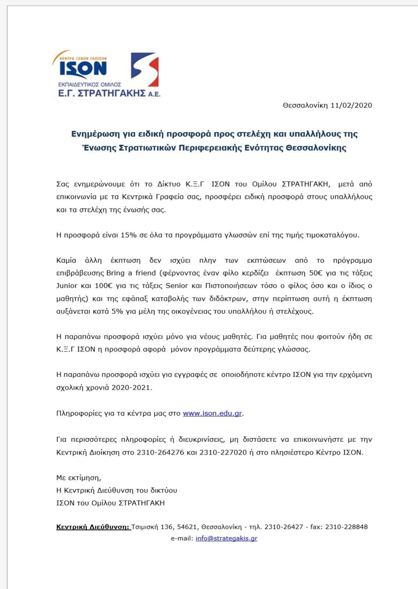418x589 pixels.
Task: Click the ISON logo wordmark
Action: click(83, 68)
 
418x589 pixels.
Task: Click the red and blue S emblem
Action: click(145, 69)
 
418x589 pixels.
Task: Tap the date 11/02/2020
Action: click(351, 105)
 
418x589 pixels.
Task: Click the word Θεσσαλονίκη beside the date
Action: click(305, 105)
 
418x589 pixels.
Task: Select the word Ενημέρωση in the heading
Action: click(94, 134)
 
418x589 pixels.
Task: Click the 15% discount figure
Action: click(128, 235)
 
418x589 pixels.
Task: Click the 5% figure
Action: click(117, 311)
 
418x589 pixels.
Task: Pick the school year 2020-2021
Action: click(131, 387)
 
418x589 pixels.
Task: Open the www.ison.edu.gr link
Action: click(212, 413)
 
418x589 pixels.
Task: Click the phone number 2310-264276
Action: click(160, 452)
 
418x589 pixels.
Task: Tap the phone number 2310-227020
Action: click(223, 452)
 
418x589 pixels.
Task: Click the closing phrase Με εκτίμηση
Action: click(78, 477)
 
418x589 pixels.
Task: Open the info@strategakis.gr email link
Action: click(226, 538)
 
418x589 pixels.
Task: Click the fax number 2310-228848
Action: click(346, 527)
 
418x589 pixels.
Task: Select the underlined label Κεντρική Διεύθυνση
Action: click(93, 527)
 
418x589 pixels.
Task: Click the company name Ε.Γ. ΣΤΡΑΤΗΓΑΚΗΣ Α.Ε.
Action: click(109, 93)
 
